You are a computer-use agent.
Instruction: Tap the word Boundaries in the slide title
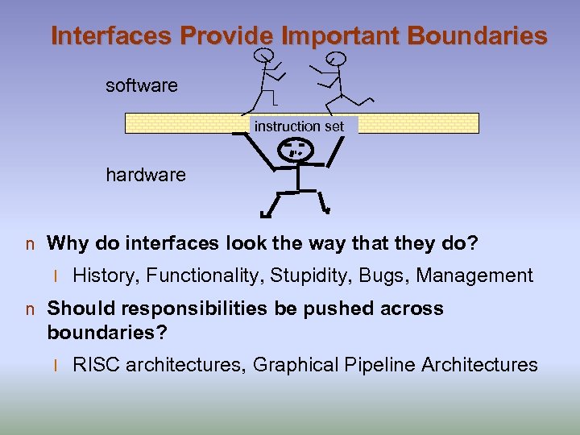(x=478, y=36)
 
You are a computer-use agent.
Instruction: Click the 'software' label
(x=142, y=85)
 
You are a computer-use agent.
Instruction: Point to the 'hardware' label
(x=146, y=175)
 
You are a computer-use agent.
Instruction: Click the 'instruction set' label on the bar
(x=299, y=126)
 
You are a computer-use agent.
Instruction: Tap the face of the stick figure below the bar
(x=296, y=149)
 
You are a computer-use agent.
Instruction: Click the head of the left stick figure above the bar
(x=263, y=56)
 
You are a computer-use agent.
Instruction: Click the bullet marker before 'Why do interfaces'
(x=30, y=243)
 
